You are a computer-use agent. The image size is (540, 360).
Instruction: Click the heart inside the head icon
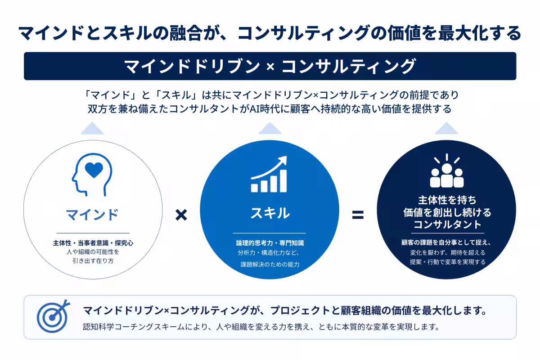94,170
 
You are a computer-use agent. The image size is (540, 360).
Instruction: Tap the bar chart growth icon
269,174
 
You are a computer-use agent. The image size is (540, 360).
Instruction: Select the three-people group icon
447,171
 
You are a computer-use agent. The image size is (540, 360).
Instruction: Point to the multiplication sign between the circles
181,215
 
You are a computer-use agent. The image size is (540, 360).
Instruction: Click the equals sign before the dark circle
358,215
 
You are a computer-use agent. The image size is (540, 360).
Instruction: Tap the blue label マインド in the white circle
92,215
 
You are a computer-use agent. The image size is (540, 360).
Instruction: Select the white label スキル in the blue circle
270,213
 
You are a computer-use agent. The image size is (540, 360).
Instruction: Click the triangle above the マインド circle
92,128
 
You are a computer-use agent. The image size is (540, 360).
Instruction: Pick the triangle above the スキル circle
270,128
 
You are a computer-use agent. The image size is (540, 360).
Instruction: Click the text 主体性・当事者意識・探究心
93,243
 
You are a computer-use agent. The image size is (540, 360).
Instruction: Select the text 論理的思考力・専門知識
270,243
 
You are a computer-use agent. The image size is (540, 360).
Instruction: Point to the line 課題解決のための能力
270,265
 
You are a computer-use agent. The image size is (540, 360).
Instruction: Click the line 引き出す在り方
93,261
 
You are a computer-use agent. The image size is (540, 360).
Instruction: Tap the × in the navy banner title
270,67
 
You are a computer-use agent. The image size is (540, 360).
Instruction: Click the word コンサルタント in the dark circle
447,225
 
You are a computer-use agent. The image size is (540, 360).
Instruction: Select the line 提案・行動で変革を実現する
448,262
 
